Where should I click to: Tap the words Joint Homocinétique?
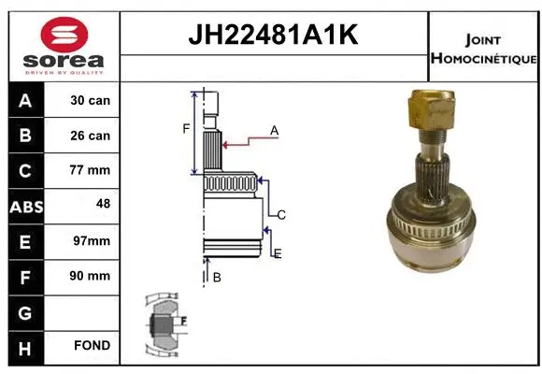point(483,49)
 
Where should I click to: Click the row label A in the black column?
point(25,100)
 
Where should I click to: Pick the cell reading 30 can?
point(91,100)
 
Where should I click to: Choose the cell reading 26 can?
point(91,136)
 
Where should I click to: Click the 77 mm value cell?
point(91,170)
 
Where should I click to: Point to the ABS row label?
point(25,206)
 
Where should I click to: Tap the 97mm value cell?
point(91,240)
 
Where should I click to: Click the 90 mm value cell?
point(91,276)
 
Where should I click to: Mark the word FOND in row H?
point(92,346)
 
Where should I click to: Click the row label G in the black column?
point(25,310)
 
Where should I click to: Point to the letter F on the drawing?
point(186,128)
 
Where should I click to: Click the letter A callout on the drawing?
point(275,131)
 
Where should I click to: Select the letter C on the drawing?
point(280,215)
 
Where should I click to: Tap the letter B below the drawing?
point(217,277)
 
